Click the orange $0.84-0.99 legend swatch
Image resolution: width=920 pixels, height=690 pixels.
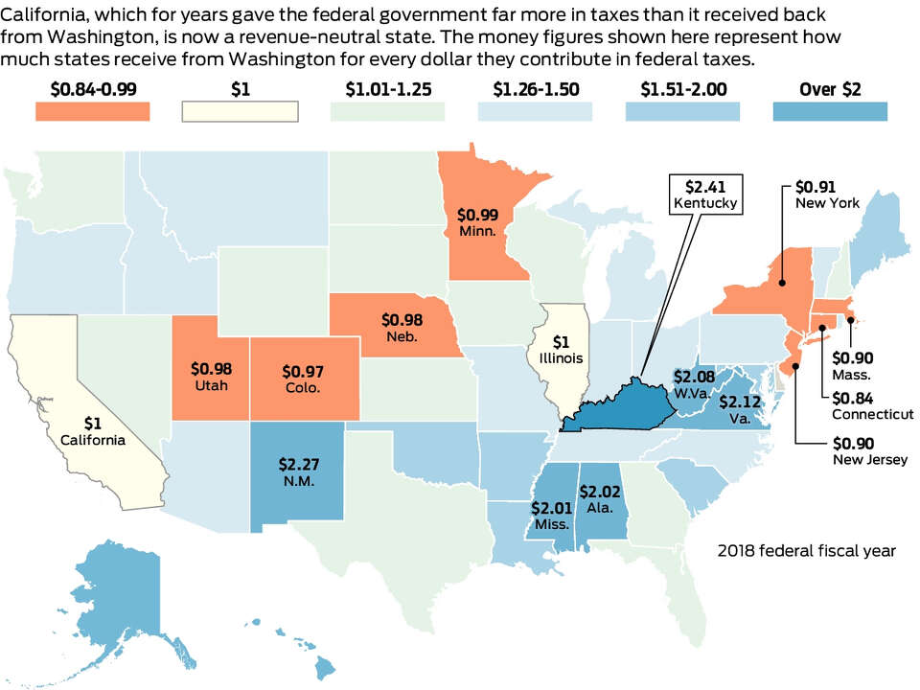93,111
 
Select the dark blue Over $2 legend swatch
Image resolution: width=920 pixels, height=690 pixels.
830,111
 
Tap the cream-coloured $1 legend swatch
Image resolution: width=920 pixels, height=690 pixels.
240,111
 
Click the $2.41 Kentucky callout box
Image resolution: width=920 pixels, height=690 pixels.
706,195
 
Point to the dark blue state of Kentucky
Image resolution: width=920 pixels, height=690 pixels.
622,408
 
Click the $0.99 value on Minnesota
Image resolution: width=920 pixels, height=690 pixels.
477,215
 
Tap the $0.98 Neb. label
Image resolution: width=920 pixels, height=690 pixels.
402,328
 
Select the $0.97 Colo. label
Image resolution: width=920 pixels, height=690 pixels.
303,379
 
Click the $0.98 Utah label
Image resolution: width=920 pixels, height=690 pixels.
211,377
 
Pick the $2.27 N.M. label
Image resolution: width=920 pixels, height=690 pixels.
299,472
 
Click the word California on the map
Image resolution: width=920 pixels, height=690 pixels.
93,440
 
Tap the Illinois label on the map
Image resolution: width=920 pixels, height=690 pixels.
561,357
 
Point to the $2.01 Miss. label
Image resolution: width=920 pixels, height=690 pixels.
552,516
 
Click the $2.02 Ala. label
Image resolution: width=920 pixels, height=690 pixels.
600,499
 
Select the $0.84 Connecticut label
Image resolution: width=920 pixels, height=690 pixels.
872,406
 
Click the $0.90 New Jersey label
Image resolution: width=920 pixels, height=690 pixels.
870,451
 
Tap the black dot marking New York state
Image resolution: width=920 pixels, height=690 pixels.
782,283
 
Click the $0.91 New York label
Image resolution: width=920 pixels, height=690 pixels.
827,195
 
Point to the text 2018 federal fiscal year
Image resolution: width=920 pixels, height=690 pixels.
807,551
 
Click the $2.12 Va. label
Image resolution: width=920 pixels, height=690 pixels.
740,409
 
